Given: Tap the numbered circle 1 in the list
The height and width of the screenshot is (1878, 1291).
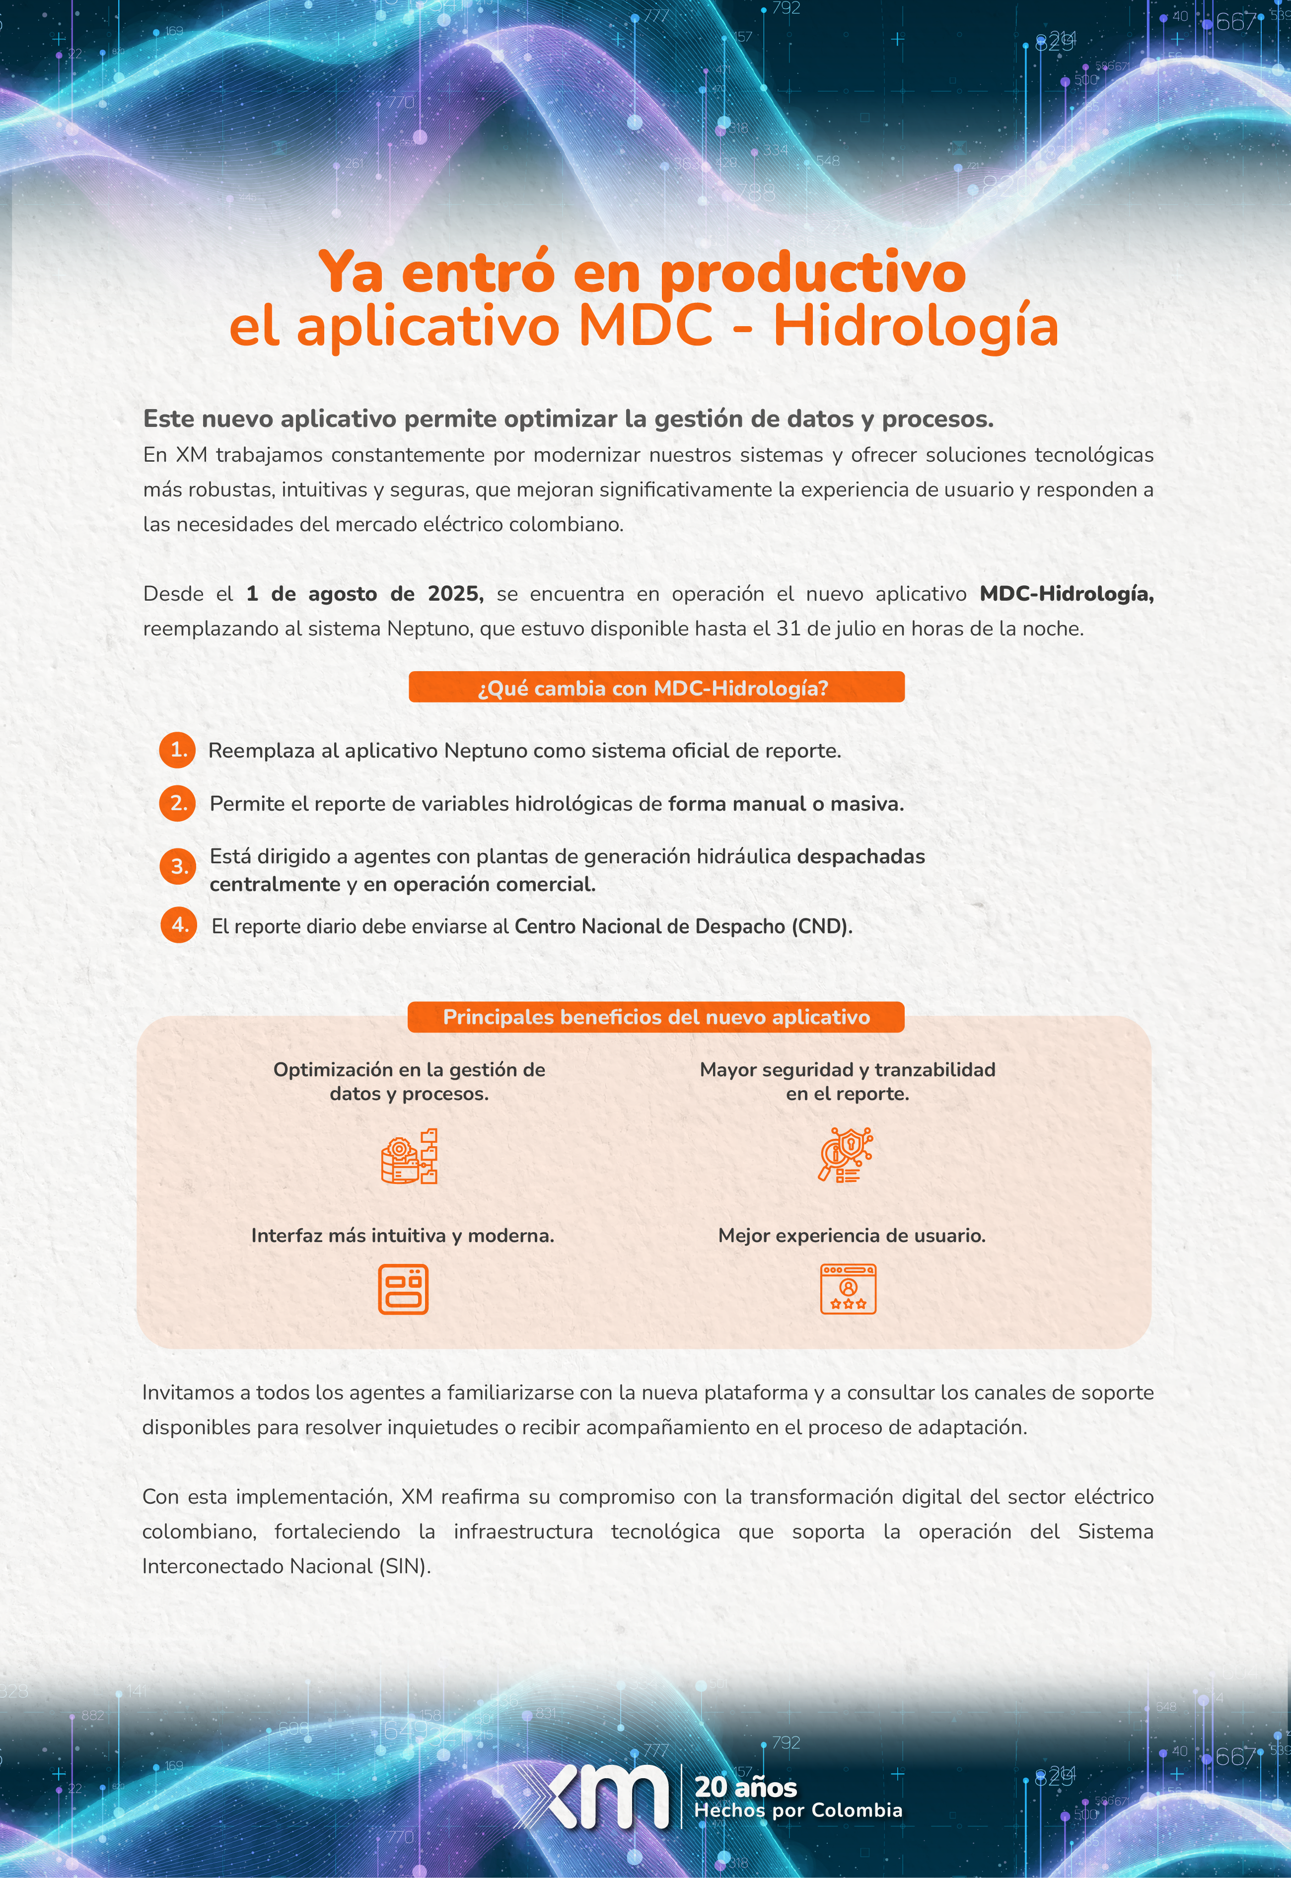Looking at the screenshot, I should click(178, 750).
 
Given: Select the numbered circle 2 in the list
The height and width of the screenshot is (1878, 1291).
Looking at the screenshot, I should click(178, 803).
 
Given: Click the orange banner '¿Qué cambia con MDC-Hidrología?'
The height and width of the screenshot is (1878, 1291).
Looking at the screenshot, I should click(656, 688).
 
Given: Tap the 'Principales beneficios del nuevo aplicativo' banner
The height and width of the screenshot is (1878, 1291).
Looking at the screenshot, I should click(656, 1017).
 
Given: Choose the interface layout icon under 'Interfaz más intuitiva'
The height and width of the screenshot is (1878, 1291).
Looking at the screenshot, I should click(403, 1288).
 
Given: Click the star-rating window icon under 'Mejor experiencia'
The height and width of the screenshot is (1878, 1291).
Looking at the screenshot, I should click(848, 1288).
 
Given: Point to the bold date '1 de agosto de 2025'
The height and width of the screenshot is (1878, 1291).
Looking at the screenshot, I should click(365, 594).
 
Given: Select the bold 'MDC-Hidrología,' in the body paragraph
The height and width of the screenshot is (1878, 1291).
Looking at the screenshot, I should click(1066, 594).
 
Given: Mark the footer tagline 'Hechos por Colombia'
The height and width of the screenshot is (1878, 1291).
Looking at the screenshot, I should click(797, 1810).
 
